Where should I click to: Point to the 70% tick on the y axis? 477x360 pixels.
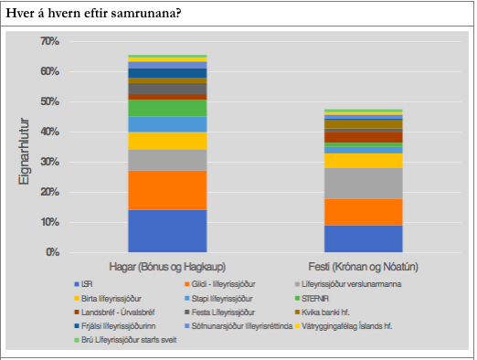(49, 42)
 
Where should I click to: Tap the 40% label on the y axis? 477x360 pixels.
(49, 132)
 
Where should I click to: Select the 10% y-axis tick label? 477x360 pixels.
(49, 223)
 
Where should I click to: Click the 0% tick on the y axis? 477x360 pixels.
(52, 253)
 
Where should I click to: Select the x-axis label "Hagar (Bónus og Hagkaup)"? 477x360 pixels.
(167, 265)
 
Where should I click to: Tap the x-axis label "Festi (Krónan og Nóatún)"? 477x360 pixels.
(363, 265)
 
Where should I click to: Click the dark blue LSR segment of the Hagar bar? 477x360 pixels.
(167, 230)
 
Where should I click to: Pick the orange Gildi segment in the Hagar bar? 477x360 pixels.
(167, 190)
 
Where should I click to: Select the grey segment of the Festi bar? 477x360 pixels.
(363, 183)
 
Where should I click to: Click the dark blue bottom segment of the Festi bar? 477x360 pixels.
(363, 238)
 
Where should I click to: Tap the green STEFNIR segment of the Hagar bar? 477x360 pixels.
(167, 108)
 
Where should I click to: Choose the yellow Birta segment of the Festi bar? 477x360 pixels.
(363, 161)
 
